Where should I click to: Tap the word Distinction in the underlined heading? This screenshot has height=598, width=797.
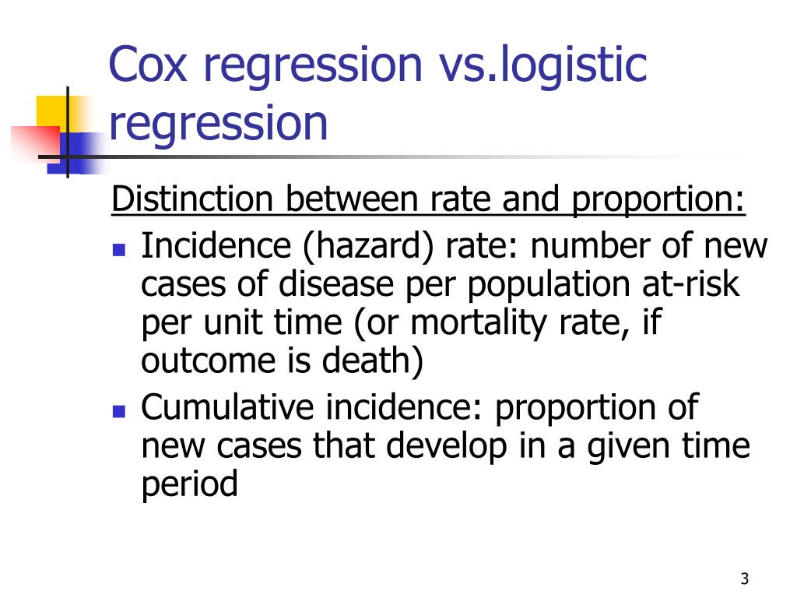tap(194, 201)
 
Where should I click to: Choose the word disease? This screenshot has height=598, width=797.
tap(318, 286)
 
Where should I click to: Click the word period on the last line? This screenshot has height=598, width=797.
tap(189, 485)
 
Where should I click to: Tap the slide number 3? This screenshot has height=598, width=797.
tap(745, 579)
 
